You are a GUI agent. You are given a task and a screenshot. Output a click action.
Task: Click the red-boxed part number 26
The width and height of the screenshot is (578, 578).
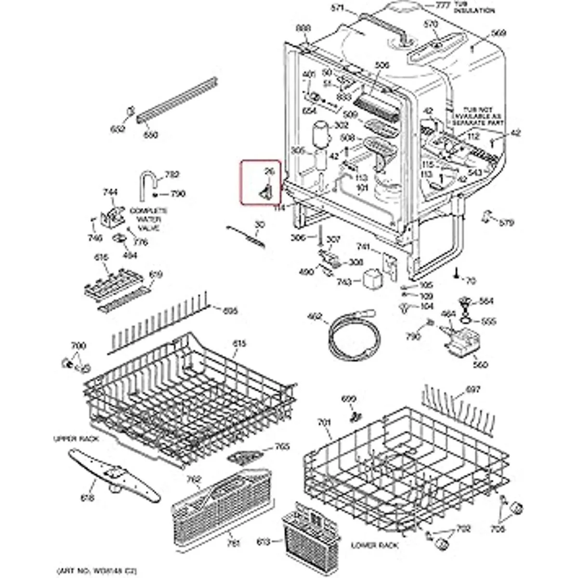269,171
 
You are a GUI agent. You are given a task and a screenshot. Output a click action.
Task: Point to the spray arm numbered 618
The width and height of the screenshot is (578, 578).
114,472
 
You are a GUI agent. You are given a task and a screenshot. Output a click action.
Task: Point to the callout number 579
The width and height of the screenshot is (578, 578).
506,223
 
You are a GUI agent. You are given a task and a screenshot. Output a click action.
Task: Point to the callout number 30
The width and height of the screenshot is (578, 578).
260,224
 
